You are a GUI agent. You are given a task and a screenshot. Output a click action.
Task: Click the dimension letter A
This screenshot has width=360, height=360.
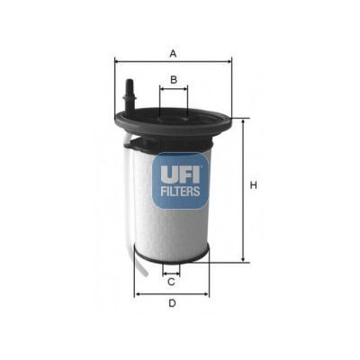[173, 53]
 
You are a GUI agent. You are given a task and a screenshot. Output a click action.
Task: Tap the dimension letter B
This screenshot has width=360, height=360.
[173, 80]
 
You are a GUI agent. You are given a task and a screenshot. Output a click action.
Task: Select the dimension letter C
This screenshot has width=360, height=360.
[171, 282]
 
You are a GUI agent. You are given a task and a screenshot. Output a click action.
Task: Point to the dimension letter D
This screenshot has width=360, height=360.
[171, 302]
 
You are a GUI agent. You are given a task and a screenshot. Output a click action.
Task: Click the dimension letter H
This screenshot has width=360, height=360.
[254, 185]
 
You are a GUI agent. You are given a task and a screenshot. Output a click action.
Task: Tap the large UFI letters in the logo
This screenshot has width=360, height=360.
[180, 169]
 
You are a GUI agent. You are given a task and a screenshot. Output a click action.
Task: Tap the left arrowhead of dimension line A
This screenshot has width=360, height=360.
[117, 61]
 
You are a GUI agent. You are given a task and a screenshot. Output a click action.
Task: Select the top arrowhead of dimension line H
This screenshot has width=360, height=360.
[242, 120]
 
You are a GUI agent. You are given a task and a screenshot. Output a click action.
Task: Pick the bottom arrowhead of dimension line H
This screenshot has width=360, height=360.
[242, 260]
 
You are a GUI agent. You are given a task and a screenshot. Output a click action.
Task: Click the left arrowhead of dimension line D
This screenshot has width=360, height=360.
[136, 293]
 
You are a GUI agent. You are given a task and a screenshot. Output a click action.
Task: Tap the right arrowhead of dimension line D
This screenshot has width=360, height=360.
[206, 293]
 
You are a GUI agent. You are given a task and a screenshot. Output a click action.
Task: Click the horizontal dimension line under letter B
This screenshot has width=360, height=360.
[173, 90]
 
